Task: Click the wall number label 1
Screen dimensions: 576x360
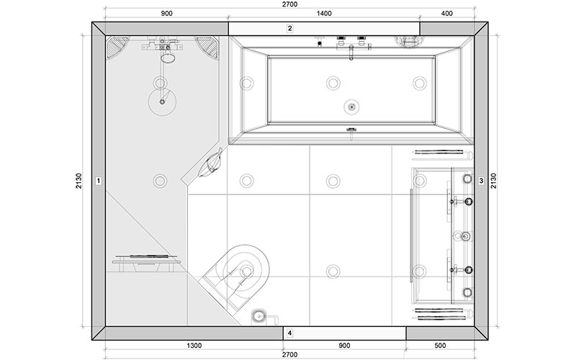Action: tap(98, 181)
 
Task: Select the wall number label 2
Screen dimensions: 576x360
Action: tap(290, 28)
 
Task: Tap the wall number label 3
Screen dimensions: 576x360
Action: tap(481, 181)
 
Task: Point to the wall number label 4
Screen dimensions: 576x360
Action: tap(290, 333)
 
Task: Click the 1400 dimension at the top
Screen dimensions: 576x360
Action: tap(324, 14)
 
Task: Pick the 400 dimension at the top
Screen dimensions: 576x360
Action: tap(446, 14)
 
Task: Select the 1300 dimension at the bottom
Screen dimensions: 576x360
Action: tap(194, 346)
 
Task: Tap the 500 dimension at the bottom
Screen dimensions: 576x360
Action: tap(440, 346)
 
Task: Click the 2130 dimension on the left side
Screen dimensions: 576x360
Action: tap(79, 181)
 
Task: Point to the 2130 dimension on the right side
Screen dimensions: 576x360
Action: tap(493, 181)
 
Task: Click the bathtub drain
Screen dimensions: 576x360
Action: tap(351, 107)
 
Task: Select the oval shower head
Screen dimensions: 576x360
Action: tap(168, 58)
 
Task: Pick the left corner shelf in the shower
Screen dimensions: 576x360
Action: tap(117, 46)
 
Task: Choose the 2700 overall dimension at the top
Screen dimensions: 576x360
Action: tap(290, 4)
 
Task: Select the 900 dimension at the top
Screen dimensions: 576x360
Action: tap(166, 14)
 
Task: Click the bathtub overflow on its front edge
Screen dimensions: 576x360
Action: tap(351, 130)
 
